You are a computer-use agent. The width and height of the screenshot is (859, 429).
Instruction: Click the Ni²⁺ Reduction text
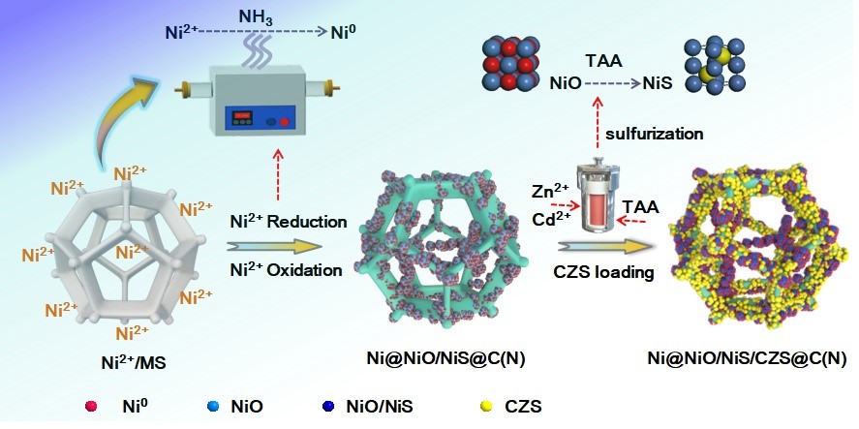point(288,222)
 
